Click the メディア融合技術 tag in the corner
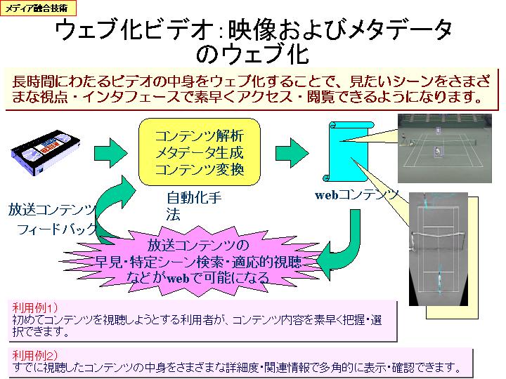[38, 8]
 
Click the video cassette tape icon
[46, 152]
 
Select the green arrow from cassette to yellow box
[111, 153]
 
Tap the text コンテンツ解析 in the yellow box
[199, 136]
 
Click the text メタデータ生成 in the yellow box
[199, 152]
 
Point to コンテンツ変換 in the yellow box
[199, 170]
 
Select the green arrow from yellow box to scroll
[292, 153]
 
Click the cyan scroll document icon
[349, 152]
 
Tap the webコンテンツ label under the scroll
[356, 194]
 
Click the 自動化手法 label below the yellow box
[194, 206]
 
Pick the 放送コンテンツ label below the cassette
[52, 209]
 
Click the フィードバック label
[57, 229]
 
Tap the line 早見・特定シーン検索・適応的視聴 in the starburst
[198, 262]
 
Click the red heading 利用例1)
[35, 307]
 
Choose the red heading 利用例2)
[35, 355]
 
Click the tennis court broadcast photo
[445, 148]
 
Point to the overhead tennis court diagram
[439, 248]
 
